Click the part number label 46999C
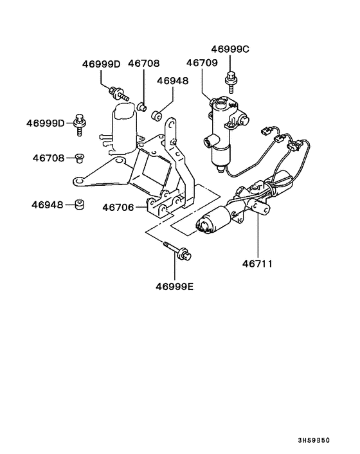click(230, 50)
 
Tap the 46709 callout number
click(202, 63)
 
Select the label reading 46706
click(118, 208)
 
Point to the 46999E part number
click(174, 287)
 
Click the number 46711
click(257, 264)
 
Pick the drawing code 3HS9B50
click(314, 440)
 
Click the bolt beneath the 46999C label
click(231, 82)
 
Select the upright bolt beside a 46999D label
click(80, 125)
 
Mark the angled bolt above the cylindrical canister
click(119, 93)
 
